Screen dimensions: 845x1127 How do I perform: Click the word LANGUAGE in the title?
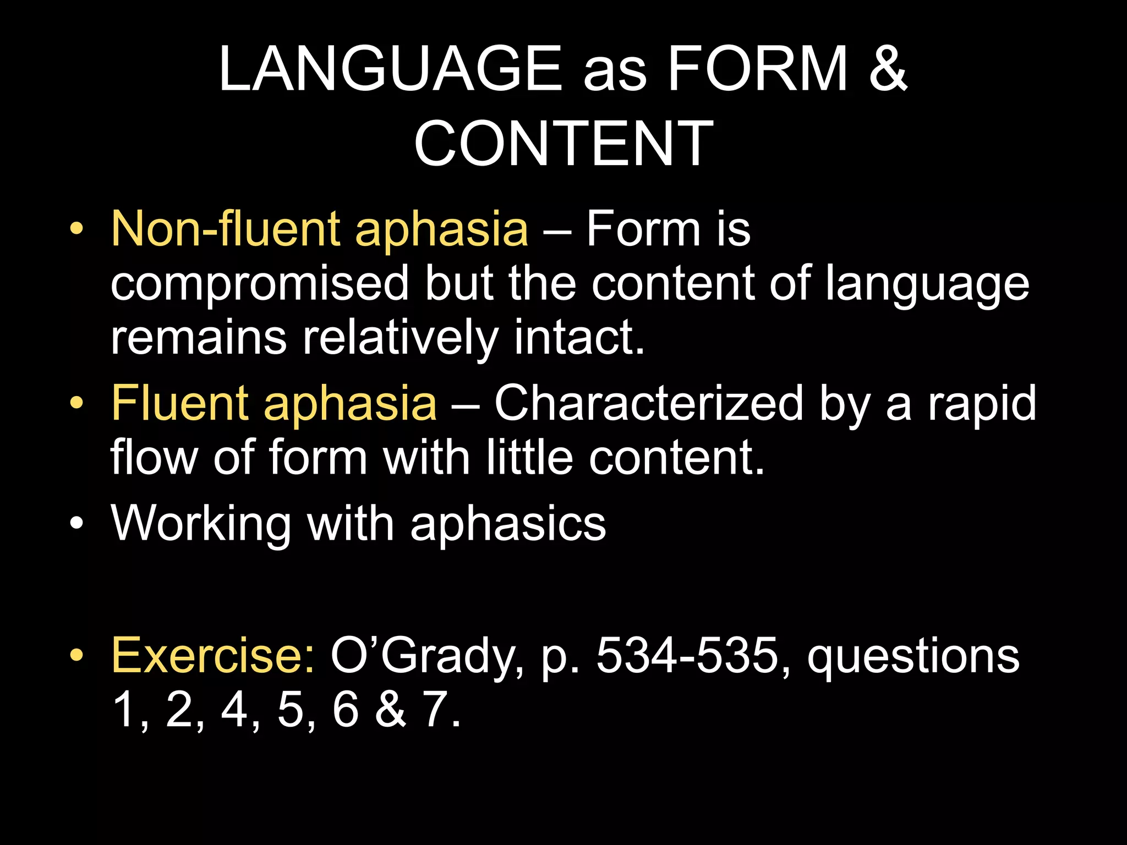coord(390,69)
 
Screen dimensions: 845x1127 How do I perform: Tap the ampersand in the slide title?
coord(887,69)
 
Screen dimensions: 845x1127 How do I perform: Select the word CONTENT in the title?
coord(563,144)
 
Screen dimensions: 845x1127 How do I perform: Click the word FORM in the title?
coord(757,69)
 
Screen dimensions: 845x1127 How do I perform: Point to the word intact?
coord(579,337)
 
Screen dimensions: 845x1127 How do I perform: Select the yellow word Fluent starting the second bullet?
coord(179,403)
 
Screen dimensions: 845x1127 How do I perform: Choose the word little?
coord(530,458)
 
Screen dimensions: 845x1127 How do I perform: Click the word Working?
coord(201,524)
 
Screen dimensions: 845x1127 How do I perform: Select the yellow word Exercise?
coord(212,656)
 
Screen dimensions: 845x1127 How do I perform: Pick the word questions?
coord(913,657)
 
